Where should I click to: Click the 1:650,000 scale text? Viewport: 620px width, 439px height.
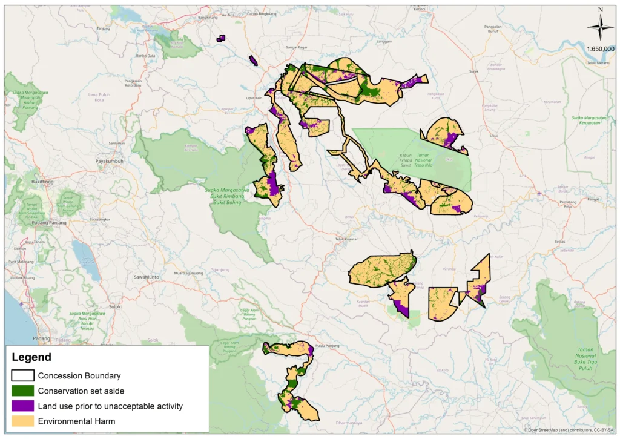pyautogui.click(x=600, y=49)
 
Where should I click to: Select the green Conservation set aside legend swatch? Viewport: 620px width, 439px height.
pyautogui.click(x=22, y=391)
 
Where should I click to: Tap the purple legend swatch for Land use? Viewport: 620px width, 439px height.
pyautogui.click(x=22, y=406)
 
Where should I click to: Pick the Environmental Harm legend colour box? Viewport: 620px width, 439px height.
pyautogui.click(x=22, y=421)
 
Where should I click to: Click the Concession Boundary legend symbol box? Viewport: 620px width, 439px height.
pyautogui.click(x=22, y=375)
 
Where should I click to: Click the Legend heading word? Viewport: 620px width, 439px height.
pyautogui.click(x=31, y=357)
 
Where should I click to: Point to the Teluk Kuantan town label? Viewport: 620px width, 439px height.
pyautogui.click(x=348, y=239)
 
